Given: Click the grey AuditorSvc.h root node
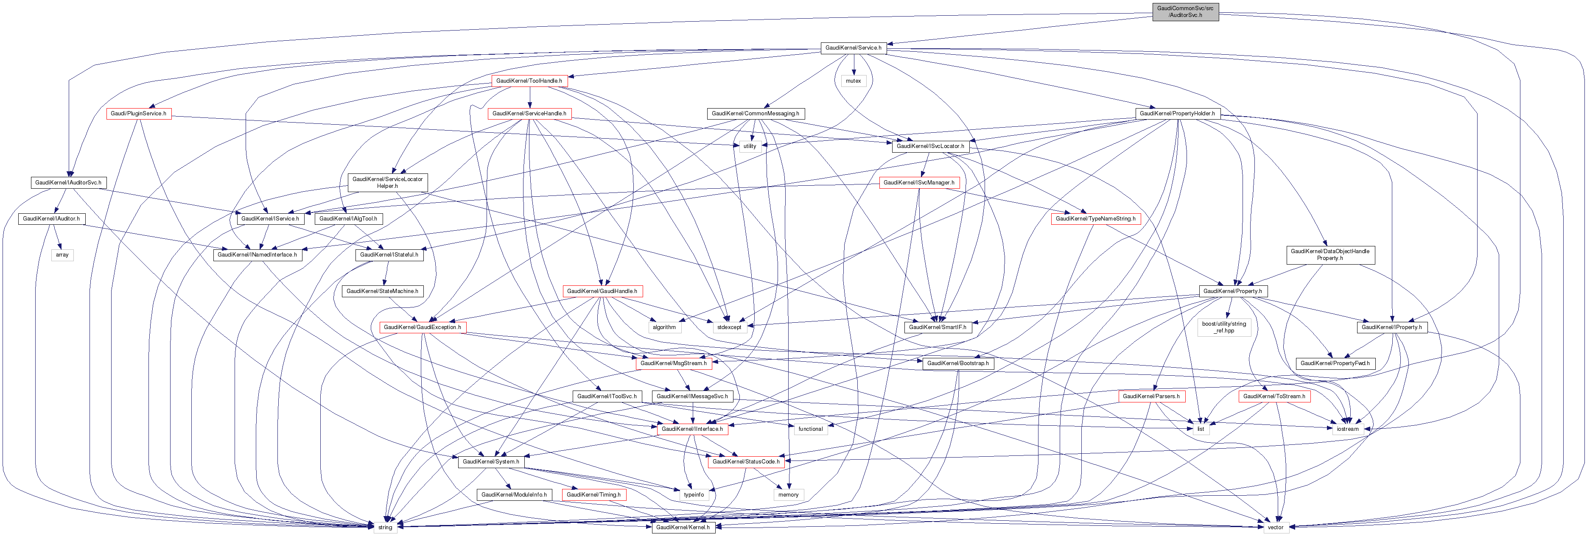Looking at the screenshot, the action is pos(1185,12).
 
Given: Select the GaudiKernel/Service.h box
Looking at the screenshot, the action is pos(853,47).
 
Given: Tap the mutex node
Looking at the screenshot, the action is pos(853,81).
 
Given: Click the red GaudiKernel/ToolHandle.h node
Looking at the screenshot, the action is pos(529,81).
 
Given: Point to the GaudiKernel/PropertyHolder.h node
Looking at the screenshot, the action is pos(1177,113).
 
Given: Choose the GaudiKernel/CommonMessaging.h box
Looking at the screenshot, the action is pos(755,113).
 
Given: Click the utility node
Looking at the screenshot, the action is pos(749,146).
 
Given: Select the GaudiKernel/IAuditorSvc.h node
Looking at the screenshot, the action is pos(68,182).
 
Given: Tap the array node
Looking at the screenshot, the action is pos(62,254).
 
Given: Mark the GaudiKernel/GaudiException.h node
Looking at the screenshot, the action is pos(422,327).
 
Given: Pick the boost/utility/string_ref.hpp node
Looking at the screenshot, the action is pos(1224,327).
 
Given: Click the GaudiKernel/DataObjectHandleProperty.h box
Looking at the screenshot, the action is pos(1329,254).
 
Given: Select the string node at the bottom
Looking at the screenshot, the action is pos(385,528).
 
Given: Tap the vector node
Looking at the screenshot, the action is pos(1275,528).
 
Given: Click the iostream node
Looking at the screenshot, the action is pos(1347,429).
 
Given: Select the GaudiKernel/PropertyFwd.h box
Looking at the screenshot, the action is pos(1335,363).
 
